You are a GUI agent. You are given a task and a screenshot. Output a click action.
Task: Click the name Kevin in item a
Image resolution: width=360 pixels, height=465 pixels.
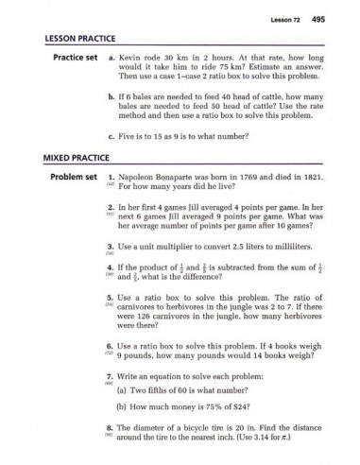tap(137, 60)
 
